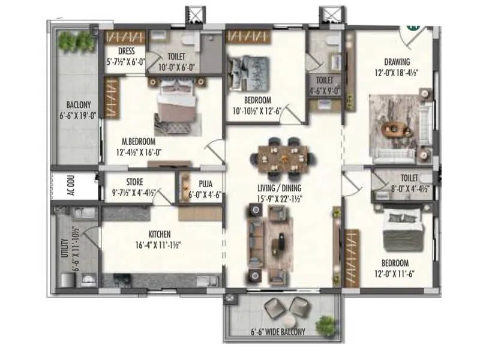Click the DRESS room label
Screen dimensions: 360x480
(x=125, y=52)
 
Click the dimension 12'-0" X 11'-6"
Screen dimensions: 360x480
(x=394, y=273)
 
